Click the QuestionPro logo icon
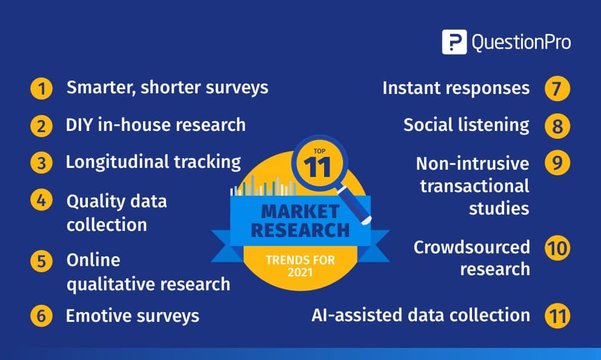454,42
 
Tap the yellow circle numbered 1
41,88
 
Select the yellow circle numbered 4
41,201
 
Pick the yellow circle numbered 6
41,316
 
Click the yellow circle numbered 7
557,88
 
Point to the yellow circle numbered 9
557,162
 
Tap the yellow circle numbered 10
557,248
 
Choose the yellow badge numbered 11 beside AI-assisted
557,316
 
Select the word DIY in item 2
79,125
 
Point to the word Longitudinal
117,162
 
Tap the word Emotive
99,316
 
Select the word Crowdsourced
472,247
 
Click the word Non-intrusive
473,164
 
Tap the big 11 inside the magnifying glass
317,167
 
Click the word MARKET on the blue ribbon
300,212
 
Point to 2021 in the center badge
300,272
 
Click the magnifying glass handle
354,205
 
